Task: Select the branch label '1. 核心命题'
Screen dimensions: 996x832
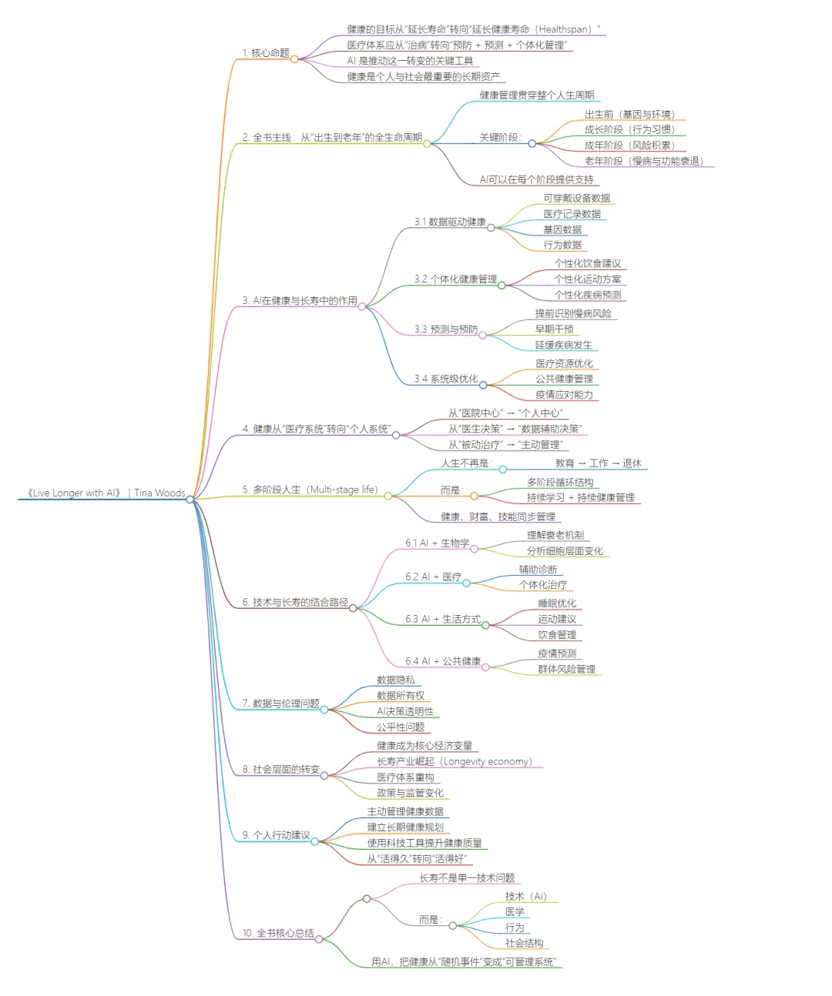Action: coord(266,53)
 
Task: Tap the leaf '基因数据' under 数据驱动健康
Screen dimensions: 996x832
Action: coord(562,229)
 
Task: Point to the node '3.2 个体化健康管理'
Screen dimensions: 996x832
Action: coord(455,279)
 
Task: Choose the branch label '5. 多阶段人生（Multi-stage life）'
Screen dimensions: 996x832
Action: coord(310,490)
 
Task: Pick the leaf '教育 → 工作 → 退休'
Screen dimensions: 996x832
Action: coord(598,463)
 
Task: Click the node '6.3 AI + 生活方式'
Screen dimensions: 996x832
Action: coord(443,619)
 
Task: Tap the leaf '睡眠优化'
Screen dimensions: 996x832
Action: coord(557,603)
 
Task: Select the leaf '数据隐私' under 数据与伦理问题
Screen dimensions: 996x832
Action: coord(396,680)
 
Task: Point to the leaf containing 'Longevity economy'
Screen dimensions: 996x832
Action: coord(455,761)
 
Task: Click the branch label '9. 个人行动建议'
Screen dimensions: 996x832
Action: coord(276,835)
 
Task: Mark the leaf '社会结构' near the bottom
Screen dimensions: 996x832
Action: coord(525,943)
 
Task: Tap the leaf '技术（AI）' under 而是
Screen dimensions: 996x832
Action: coord(526,896)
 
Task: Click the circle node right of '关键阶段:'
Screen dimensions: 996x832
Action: coord(532,143)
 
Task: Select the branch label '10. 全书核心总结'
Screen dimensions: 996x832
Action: coord(278,933)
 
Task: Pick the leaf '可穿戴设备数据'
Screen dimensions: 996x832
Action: coord(577,198)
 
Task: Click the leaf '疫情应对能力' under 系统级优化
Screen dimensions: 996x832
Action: coord(565,395)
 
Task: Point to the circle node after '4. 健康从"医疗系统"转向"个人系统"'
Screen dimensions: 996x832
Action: coord(396,435)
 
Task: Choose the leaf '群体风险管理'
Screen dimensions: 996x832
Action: coord(567,669)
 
